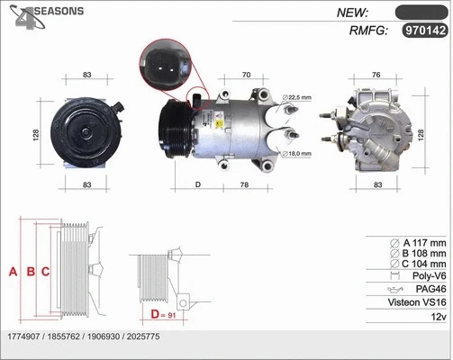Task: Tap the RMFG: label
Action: (x=367, y=31)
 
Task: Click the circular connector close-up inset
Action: (x=165, y=67)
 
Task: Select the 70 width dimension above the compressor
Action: (x=244, y=75)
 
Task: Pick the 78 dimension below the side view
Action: (x=245, y=184)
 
